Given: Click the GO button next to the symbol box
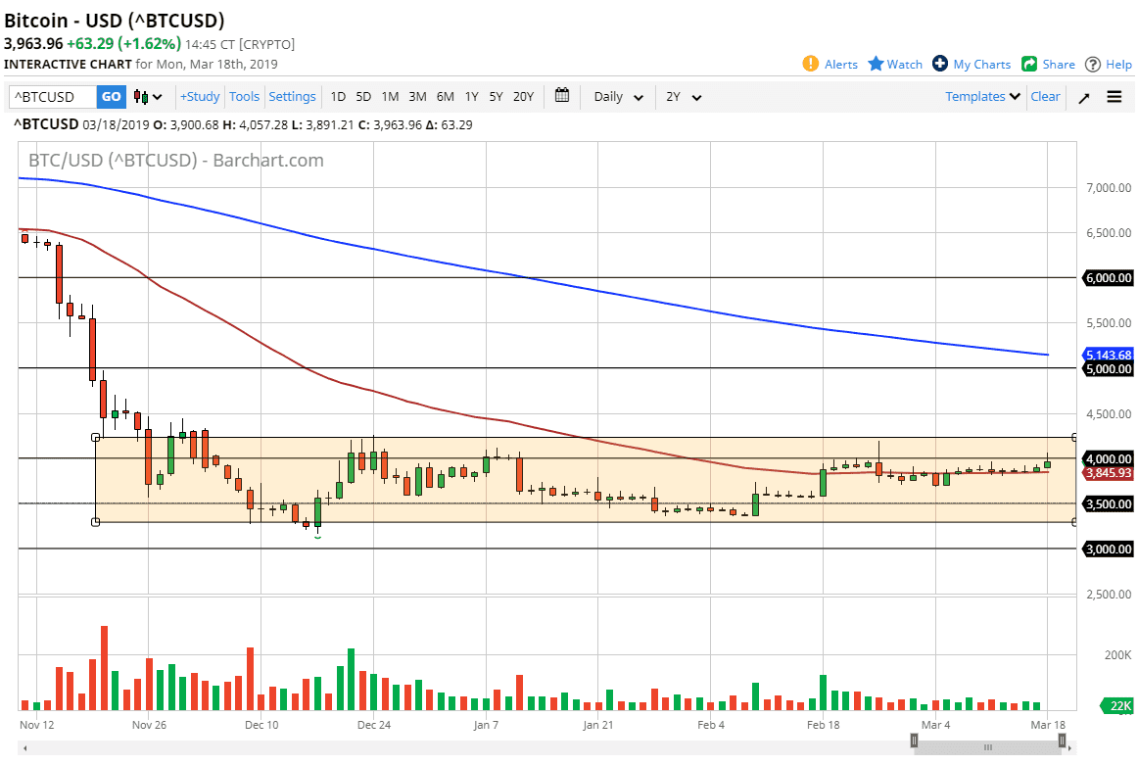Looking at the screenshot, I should tap(111, 97).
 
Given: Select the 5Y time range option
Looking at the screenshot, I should tap(496, 97).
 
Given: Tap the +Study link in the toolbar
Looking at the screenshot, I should tap(200, 97).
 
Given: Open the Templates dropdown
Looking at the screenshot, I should tap(982, 97).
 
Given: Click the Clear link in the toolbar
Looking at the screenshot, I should tap(1045, 97).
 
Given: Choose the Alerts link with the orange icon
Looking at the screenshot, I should tap(830, 65).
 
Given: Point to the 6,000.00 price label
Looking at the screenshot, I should tap(1108, 278).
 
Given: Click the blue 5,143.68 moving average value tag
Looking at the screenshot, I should tap(1108, 355).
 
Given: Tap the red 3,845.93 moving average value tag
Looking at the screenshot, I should tap(1108, 473).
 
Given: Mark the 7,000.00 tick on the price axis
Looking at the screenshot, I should tap(1108, 187).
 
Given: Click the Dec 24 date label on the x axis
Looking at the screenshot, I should tap(374, 726).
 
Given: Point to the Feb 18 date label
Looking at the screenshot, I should tap(824, 726).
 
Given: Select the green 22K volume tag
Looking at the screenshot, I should tap(1120, 705).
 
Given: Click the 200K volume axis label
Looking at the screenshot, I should tap(1117, 654).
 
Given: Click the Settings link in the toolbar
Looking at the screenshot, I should tap(292, 97).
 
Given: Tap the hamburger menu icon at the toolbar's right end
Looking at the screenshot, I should tap(1114, 97).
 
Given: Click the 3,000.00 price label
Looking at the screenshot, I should tap(1108, 550).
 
